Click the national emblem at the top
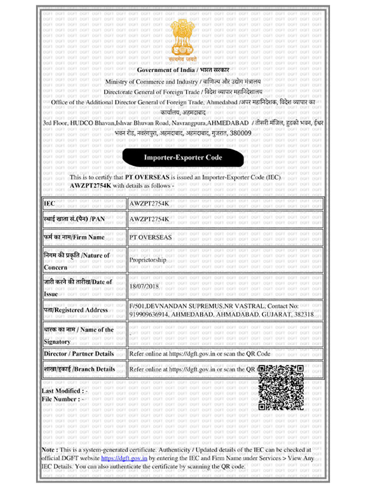click(x=182, y=38)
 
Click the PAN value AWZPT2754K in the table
click(x=149, y=218)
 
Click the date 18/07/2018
click(x=144, y=285)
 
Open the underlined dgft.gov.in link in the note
click(x=124, y=457)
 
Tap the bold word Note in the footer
click(x=49, y=449)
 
